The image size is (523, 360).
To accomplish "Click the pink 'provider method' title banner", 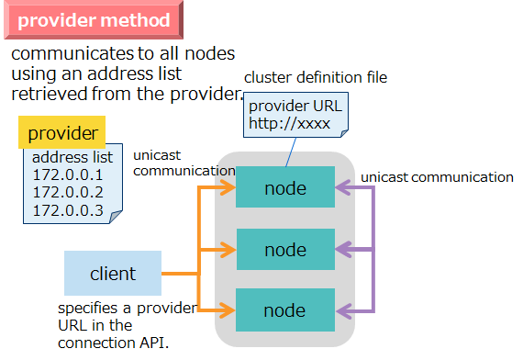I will click(94, 20).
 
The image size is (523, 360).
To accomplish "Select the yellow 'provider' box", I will click(62, 133).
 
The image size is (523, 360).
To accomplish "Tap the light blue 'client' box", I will click(113, 273).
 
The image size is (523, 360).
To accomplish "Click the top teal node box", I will click(284, 189).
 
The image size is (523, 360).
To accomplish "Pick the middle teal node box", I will click(284, 249).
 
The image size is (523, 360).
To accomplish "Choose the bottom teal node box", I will click(284, 309).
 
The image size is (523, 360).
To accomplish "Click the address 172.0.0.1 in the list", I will click(68, 174).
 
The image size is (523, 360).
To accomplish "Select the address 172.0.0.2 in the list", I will click(68, 193).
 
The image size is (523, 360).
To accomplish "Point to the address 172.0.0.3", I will click(68, 211).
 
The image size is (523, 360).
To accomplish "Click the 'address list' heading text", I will click(72, 157).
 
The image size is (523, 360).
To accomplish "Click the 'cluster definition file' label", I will click(316, 78).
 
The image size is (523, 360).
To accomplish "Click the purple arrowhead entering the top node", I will click(340, 189).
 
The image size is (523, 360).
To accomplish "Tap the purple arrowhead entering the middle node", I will click(340, 249).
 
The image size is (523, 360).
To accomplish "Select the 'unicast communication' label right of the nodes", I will click(437, 176).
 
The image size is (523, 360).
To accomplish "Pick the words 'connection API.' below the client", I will click(113, 343).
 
